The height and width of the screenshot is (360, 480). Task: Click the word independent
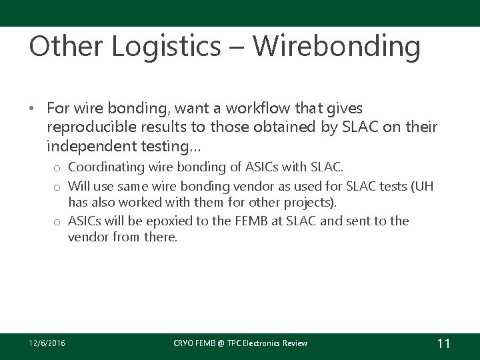[90, 145]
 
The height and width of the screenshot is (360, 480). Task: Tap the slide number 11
[443, 343]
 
